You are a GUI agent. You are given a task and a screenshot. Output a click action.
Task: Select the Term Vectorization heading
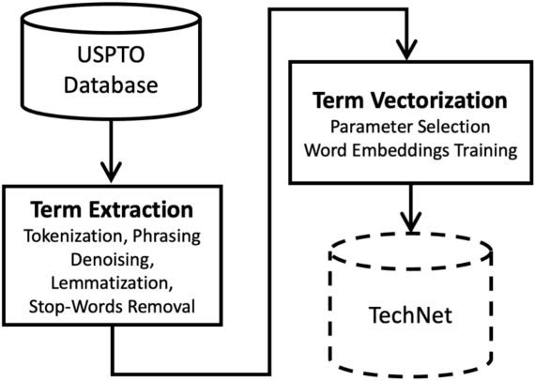(x=409, y=100)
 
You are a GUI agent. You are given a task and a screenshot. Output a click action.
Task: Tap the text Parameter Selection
(x=409, y=125)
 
